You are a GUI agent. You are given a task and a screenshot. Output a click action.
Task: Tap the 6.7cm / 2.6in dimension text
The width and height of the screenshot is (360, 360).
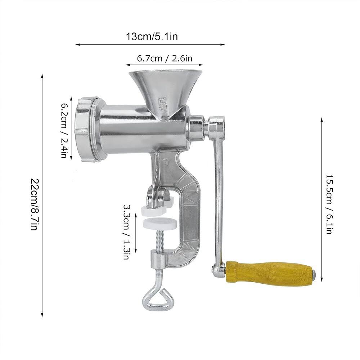point(164,58)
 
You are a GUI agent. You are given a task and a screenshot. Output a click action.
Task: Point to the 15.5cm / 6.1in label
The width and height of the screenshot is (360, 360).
point(329,204)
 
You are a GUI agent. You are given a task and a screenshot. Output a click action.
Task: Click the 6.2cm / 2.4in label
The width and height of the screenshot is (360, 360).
point(64,131)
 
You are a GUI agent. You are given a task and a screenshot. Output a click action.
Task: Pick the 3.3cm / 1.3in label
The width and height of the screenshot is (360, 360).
point(126,232)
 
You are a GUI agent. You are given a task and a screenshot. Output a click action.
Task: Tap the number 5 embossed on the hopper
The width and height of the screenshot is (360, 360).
point(163,104)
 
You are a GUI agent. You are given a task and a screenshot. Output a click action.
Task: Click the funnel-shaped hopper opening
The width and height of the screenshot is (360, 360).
point(165,74)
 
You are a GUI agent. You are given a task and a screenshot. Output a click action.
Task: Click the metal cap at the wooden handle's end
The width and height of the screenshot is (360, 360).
point(314,275)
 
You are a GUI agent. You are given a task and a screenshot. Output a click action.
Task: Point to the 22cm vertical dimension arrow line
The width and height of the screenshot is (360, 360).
point(42,194)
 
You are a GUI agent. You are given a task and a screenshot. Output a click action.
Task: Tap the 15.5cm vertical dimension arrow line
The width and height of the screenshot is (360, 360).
point(321,200)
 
